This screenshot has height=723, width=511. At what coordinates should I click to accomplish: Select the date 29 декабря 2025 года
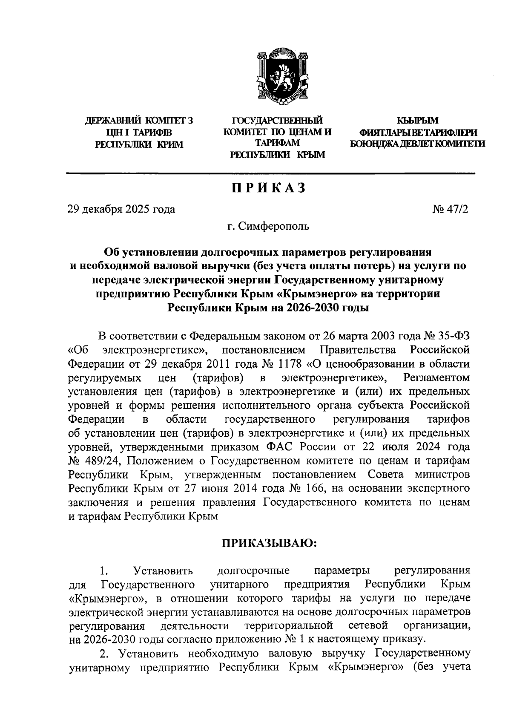[121, 209]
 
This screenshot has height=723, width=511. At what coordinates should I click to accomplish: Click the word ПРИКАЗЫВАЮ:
[269, 543]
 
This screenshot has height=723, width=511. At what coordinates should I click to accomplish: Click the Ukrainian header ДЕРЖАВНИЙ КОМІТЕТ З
[139, 121]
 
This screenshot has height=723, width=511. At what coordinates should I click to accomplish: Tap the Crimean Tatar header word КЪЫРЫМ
[417, 121]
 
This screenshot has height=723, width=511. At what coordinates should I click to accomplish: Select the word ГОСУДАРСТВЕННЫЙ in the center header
[277, 121]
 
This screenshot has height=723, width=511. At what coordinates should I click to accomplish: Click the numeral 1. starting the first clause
[102, 570]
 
